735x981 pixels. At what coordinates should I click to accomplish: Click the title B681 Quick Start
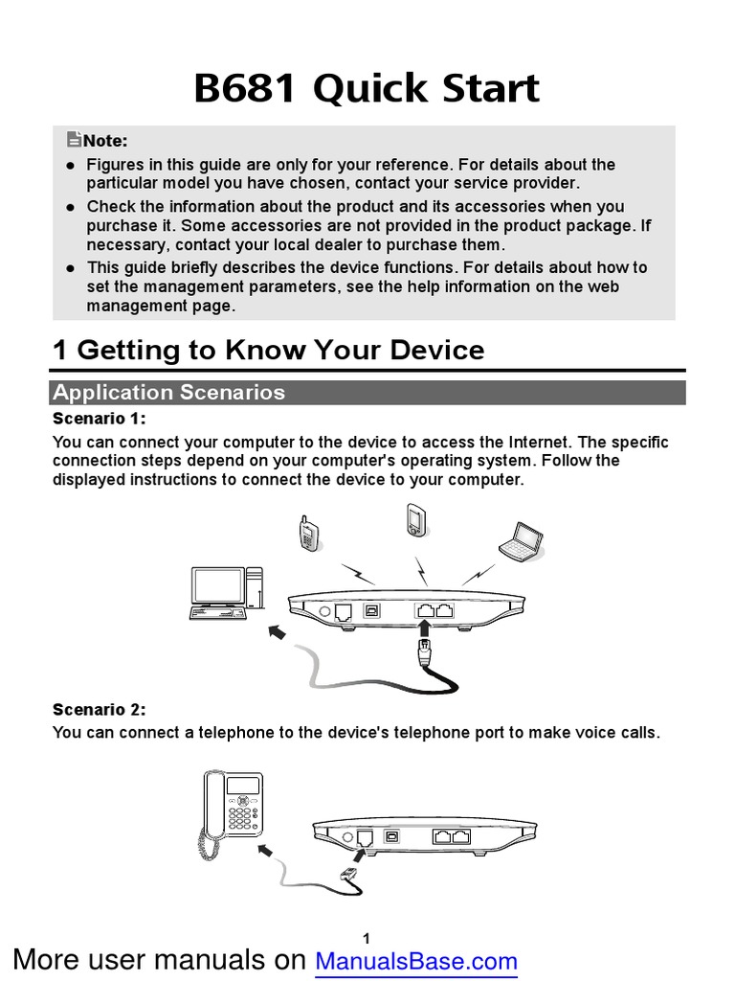[367, 88]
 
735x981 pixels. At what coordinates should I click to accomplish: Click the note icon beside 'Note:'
[74, 140]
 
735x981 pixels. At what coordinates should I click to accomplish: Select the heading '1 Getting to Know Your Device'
[268, 350]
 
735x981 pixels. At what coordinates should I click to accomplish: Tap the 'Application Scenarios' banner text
[168, 392]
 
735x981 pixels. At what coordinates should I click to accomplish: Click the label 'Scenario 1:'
[100, 420]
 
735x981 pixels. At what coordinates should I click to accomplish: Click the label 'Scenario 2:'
[100, 710]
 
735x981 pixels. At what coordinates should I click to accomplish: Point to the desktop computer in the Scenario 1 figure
[226, 594]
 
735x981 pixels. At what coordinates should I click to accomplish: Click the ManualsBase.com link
[416, 961]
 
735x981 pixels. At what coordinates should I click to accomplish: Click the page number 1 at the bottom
[367, 937]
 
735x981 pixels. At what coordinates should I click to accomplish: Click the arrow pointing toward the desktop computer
[278, 633]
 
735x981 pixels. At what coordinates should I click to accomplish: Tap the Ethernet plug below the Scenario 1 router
[425, 657]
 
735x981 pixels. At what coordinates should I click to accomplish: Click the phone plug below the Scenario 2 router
[348, 874]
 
